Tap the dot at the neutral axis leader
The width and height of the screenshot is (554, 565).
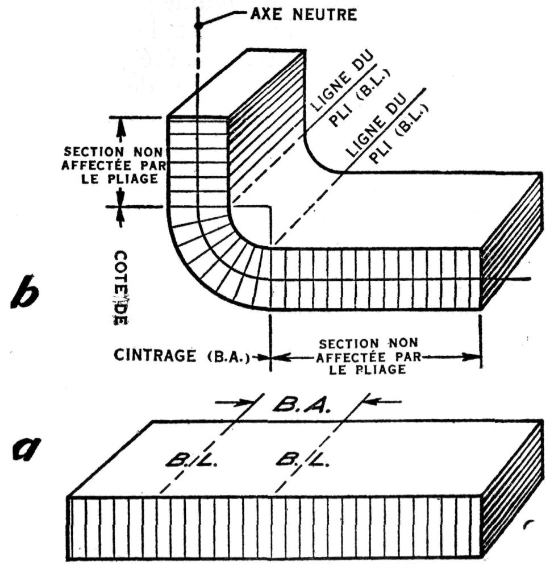198,26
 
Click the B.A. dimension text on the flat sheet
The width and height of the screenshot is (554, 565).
301,403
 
